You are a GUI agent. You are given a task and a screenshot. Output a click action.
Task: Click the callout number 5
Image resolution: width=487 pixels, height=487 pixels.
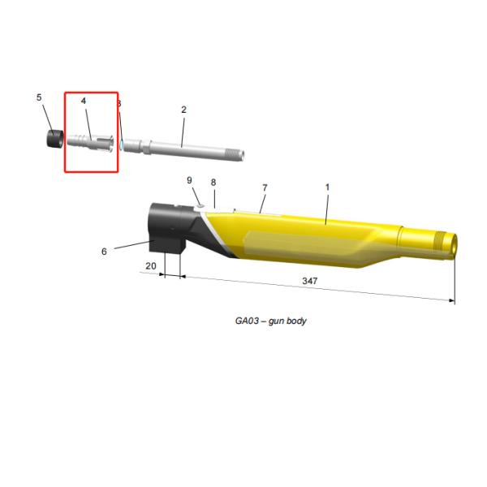click(39, 97)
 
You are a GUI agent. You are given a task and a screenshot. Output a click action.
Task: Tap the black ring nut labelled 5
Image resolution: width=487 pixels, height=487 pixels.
click(54, 140)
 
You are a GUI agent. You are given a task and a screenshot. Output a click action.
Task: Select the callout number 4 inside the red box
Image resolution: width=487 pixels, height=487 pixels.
click(83, 101)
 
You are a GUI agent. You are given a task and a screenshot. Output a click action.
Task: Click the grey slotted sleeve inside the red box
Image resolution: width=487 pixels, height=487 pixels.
click(91, 142)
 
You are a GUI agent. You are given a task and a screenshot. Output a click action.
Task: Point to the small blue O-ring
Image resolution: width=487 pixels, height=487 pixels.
click(120, 143)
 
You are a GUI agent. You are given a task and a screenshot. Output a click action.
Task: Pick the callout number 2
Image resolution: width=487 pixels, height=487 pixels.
click(183, 110)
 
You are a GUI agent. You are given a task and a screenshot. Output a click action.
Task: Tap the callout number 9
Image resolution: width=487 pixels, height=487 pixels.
click(189, 179)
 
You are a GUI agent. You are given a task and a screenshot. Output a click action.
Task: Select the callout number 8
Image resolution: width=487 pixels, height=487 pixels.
click(213, 183)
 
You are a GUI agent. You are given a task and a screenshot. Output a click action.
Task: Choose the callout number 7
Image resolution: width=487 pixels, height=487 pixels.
click(264, 188)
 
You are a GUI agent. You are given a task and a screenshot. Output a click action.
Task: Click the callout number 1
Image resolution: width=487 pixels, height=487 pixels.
click(327, 187)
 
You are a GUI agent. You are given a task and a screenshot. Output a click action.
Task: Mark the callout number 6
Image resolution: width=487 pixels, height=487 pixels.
click(104, 252)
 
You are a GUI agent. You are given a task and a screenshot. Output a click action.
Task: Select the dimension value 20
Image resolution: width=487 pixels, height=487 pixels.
click(150, 265)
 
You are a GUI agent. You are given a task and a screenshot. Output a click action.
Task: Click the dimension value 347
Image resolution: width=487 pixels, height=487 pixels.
click(308, 281)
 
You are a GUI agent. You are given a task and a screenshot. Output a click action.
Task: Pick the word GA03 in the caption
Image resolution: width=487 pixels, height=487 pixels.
click(247, 321)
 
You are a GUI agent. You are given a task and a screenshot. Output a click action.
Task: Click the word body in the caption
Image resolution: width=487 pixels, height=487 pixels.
click(297, 321)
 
